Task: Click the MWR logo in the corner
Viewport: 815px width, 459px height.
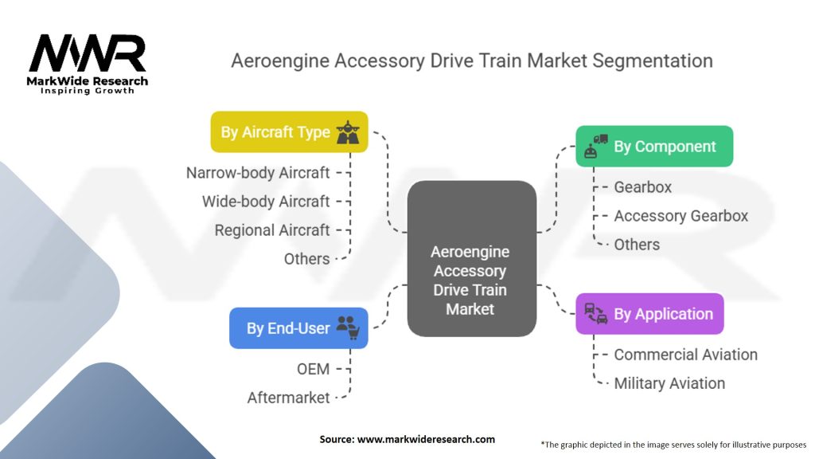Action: point(88,61)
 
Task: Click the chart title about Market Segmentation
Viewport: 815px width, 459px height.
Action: point(471,61)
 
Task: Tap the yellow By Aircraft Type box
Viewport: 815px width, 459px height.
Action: point(289,131)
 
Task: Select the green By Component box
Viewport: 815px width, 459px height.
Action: point(653,147)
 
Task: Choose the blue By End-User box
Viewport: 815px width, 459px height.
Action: point(298,328)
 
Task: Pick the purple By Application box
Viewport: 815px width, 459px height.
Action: point(649,314)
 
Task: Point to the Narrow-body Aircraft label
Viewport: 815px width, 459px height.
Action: point(258,172)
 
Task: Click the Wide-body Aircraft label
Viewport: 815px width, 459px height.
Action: point(266,202)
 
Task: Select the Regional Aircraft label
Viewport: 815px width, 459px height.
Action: point(272,230)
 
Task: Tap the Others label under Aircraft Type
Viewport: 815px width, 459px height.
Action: point(306,259)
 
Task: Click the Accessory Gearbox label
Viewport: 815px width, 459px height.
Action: point(680,216)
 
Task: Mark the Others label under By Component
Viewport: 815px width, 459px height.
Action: point(637,245)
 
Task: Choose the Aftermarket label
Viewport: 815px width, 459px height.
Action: point(288,397)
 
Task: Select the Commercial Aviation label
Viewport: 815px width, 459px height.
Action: point(685,355)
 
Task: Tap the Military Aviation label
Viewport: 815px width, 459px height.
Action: point(669,383)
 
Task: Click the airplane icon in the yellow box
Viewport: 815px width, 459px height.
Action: point(347,131)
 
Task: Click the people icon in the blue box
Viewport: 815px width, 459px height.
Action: point(348,327)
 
